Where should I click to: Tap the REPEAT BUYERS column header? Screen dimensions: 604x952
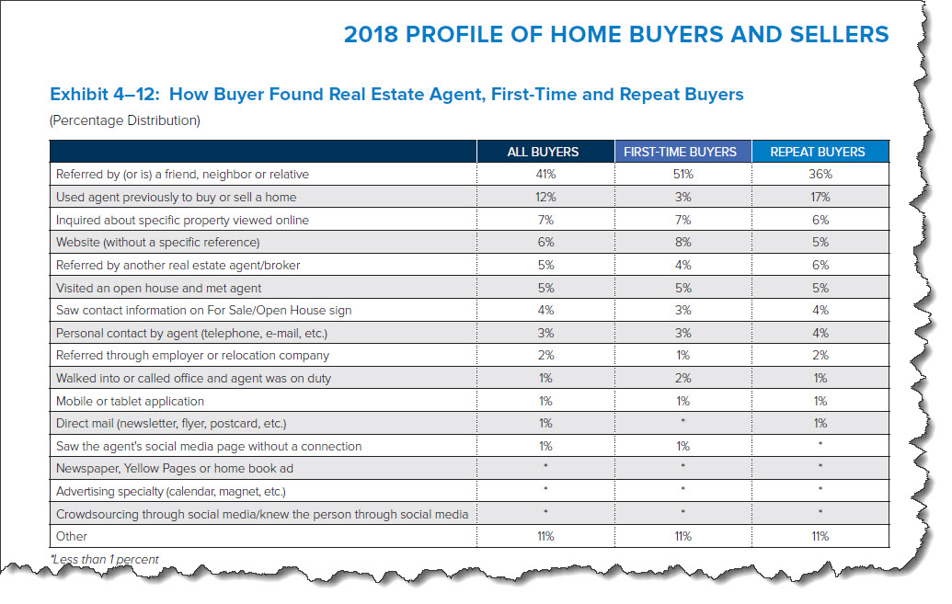pos(820,152)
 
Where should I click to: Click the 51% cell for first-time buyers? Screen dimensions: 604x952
pos(683,174)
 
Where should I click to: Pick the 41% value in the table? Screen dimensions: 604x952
pos(545,174)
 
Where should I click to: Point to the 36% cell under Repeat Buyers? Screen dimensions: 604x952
pos(820,174)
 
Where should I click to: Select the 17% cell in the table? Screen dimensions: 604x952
pos(820,197)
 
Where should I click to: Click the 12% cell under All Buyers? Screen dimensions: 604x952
pos(545,197)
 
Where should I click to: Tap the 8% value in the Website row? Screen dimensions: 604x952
pos(683,243)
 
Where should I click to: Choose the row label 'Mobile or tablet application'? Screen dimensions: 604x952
pos(130,401)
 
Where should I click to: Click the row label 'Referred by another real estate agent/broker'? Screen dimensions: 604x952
pos(178,265)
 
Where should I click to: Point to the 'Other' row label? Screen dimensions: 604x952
pos(73,536)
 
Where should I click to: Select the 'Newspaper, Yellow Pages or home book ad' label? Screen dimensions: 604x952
pos(174,469)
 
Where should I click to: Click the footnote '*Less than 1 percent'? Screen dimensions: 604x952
pos(104,559)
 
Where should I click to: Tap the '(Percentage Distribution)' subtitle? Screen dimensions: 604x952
pos(124,120)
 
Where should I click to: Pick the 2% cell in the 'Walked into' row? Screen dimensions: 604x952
pos(683,378)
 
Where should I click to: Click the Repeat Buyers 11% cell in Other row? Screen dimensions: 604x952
pos(820,536)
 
